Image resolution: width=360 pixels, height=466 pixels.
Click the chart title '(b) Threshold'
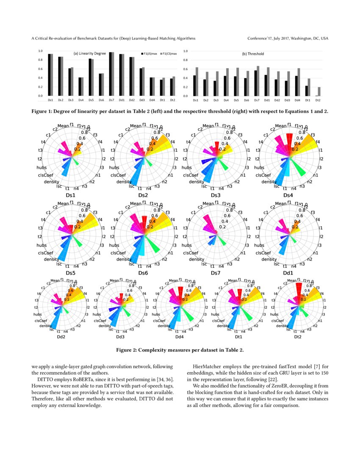252,54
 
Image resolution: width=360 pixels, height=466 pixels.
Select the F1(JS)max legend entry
150,54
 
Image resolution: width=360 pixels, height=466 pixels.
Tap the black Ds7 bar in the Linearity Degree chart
111,74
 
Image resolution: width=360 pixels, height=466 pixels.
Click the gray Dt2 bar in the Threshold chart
319,92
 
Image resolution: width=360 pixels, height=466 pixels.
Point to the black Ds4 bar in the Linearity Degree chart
80,87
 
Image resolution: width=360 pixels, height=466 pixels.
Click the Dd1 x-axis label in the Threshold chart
267,100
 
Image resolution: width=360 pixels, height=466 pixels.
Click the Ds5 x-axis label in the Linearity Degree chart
91,100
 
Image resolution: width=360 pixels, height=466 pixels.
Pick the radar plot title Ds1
71,195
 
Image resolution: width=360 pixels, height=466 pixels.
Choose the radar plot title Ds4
288,195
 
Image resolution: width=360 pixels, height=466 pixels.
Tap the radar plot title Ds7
216,273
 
